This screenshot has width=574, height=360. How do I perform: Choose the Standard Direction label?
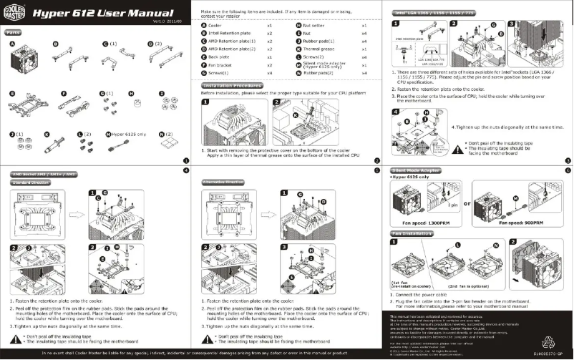28,183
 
